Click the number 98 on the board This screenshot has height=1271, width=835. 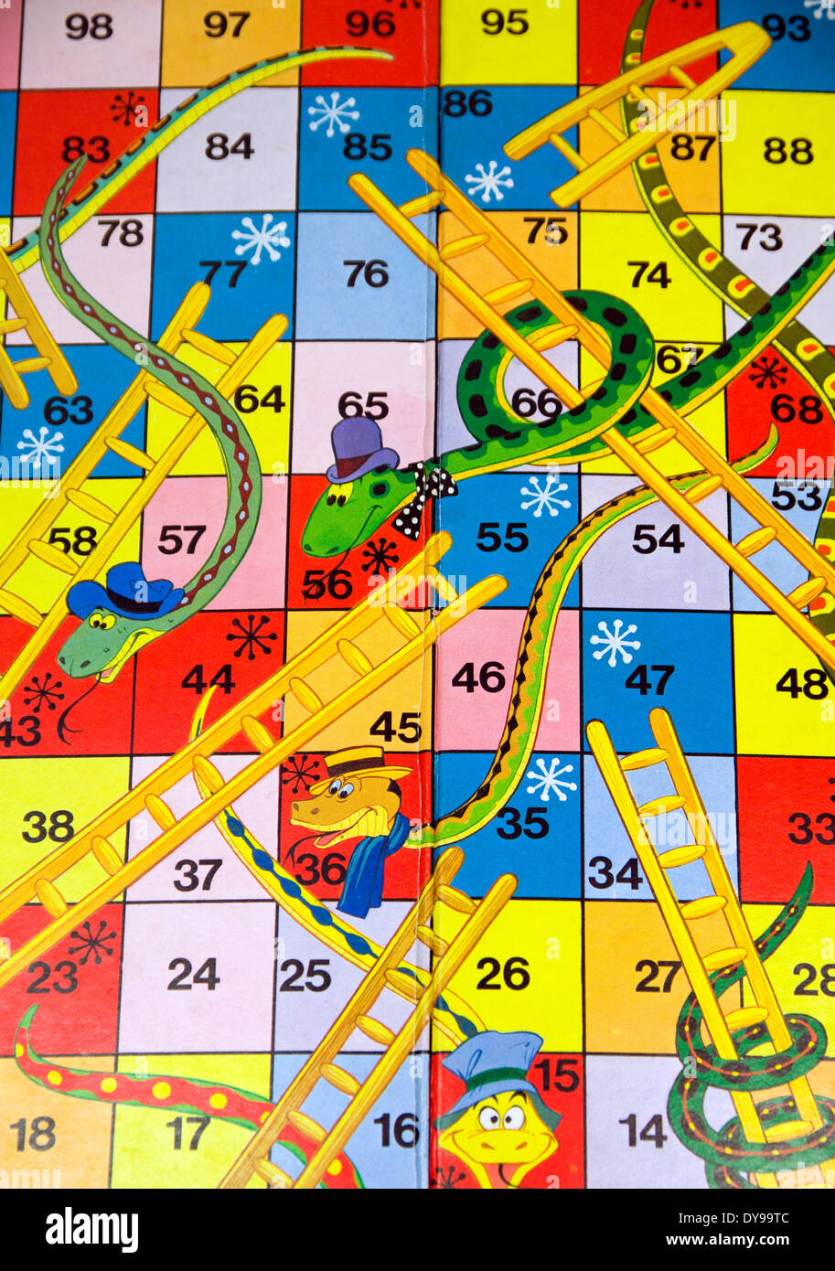[x=89, y=27]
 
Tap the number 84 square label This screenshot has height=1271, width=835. [x=229, y=146]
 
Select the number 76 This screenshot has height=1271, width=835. [x=366, y=272]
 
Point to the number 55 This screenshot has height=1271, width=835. [x=502, y=538]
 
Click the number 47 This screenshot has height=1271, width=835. [x=649, y=679]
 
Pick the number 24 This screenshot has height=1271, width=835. [x=193, y=975]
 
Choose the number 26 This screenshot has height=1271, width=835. [x=503, y=973]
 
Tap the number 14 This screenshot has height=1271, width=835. [x=643, y=1131]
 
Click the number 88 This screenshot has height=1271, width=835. [x=788, y=150]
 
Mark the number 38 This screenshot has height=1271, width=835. [x=48, y=827]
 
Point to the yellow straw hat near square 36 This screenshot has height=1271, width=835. [x=359, y=763]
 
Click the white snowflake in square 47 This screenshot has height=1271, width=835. [x=615, y=642]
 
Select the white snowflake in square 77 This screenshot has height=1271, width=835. [x=261, y=238]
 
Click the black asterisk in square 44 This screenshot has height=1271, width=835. [x=251, y=636]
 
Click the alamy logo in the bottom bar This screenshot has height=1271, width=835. [x=91, y=1230]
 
